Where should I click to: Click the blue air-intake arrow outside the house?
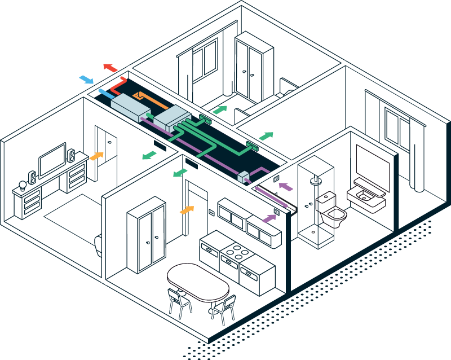click(x=86, y=79)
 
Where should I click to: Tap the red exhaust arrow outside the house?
click(x=110, y=68)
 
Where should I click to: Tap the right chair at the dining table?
click(x=224, y=308)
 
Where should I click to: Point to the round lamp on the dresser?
click(x=23, y=185)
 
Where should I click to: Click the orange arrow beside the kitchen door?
click(x=187, y=210)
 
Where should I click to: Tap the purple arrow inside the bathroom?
click(x=286, y=185)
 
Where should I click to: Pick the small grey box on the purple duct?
click(x=244, y=177)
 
